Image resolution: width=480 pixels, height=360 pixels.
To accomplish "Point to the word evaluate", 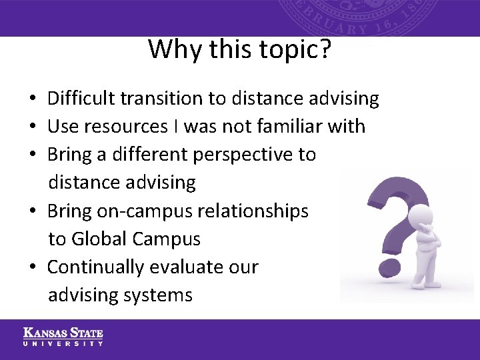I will pyautogui.click(x=179, y=267).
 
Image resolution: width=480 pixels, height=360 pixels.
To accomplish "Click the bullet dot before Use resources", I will pyautogui.click(x=32, y=127).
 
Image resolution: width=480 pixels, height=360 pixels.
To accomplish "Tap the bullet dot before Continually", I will pyautogui.click(x=32, y=267).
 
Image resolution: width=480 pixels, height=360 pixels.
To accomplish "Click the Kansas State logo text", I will pyautogui.click(x=63, y=333).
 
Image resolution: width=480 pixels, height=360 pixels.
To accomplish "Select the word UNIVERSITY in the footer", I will pyautogui.click(x=63, y=343).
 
